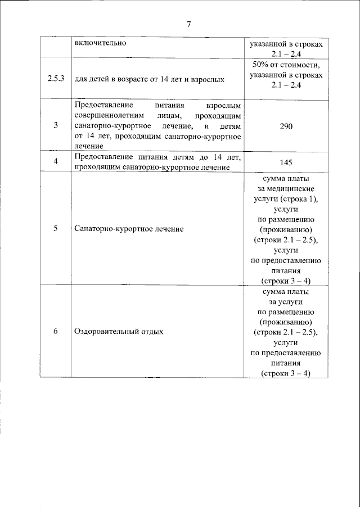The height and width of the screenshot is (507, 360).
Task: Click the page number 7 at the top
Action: [189, 24]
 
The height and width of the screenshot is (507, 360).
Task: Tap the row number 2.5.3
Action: [55, 79]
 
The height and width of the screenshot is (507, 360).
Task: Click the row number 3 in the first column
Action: [56, 126]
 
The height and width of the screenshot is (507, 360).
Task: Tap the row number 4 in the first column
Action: [56, 162]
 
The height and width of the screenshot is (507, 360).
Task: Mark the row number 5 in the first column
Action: [56, 229]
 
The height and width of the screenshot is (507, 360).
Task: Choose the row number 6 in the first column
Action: [56, 331]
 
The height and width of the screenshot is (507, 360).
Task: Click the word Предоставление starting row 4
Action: [101, 157]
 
